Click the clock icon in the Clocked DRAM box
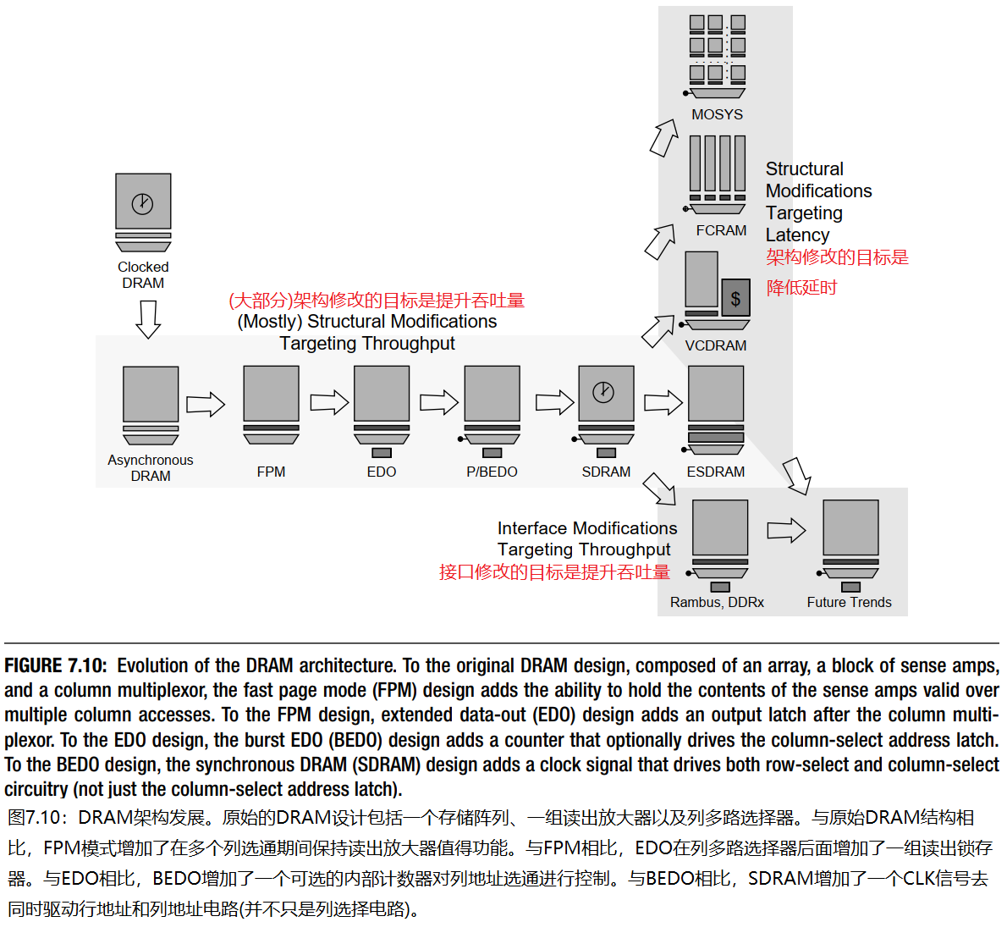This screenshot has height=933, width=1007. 142,203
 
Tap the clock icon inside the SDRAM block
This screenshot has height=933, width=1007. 603,392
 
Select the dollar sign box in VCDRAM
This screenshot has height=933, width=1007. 735,298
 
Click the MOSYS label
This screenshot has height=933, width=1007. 717,114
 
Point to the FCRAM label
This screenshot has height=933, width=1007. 721,230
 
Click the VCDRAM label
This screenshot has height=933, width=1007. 716,345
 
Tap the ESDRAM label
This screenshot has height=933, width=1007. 716,472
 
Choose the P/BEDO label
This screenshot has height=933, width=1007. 492,472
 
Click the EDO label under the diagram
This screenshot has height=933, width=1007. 382,472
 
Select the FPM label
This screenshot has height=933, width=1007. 271,472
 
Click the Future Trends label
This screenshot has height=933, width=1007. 849,602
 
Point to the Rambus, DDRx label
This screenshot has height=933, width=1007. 717,602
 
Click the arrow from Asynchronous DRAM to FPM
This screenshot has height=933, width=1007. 206,404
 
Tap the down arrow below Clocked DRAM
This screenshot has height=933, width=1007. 148,319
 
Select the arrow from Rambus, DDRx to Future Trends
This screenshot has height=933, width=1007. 786,531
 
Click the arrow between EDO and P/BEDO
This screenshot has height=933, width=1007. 438,402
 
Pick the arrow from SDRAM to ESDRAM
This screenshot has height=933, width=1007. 663,402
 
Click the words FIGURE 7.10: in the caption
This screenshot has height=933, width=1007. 56,666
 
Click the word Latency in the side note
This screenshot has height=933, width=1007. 797,235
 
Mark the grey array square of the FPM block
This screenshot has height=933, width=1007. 271,394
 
